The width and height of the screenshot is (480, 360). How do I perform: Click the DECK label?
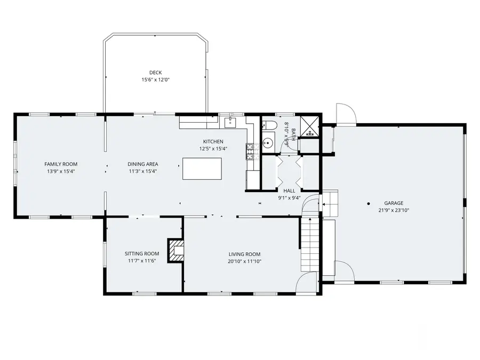[x=156, y=73]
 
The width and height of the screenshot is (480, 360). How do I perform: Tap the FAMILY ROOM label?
[x=61, y=164]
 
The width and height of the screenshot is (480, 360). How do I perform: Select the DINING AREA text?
[x=143, y=164]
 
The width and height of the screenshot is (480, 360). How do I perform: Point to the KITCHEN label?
[x=213, y=141]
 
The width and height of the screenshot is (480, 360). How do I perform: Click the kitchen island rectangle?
[x=202, y=169]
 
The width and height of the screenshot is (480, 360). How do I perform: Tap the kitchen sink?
[x=230, y=122]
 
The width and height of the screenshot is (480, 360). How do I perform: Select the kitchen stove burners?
[x=250, y=151]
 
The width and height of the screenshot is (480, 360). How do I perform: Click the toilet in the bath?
[x=269, y=125]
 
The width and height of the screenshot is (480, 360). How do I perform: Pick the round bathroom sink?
[x=268, y=142]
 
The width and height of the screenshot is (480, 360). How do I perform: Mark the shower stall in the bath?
[x=309, y=126]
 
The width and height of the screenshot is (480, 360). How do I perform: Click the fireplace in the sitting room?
[x=175, y=251]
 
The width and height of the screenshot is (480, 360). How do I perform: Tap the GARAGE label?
[x=394, y=203]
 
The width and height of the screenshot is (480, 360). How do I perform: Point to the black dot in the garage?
[x=369, y=204]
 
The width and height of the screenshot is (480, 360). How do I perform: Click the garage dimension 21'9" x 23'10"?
[x=394, y=210]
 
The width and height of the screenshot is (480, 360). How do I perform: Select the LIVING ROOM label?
[x=245, y=254]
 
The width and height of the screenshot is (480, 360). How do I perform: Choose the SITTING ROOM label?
[x=142, y=253]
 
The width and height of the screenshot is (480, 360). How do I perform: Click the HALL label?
[x=289, y=191]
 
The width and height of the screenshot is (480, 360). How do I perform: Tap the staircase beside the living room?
[x=309, y=244]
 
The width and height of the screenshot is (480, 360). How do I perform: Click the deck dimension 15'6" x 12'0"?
[x=156, y=80]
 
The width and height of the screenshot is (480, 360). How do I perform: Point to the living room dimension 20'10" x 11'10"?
[x=245, y=261]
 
